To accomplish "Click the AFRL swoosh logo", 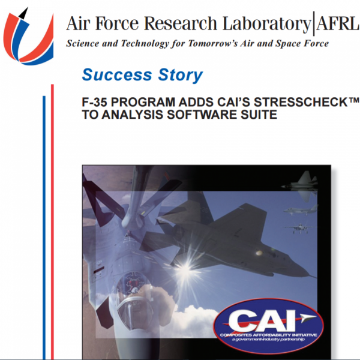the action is [28, 37].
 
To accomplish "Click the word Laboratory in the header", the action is [266, 24].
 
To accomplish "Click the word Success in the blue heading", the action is [117, 75].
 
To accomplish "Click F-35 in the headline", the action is [95, 102].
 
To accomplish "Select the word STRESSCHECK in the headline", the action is [301, 102].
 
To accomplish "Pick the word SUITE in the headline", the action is [259, 115].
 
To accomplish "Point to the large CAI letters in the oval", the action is [262, 320].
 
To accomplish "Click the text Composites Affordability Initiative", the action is [268, 335].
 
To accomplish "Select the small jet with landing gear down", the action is [299, 228].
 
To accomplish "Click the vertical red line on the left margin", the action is [52, 222].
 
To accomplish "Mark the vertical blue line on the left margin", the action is [44, 228].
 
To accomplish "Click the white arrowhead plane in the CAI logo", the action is [308, 318].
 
